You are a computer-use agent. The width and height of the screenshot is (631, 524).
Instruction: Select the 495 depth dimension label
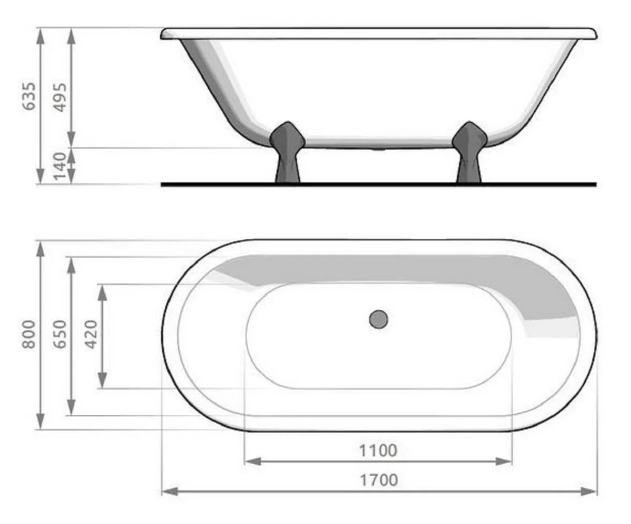tap(61, 97)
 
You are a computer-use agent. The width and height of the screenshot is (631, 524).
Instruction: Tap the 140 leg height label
tap(61, 166)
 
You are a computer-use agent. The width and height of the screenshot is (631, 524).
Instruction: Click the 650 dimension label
tap(61, 334)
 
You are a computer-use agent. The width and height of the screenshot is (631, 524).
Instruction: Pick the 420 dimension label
tap(92, 334)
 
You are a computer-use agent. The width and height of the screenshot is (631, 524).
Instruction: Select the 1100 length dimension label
tap(378, 450)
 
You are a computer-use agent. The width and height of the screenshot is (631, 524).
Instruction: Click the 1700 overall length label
tap(378, 480)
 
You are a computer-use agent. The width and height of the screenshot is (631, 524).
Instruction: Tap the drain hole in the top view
tap(378, 319)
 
